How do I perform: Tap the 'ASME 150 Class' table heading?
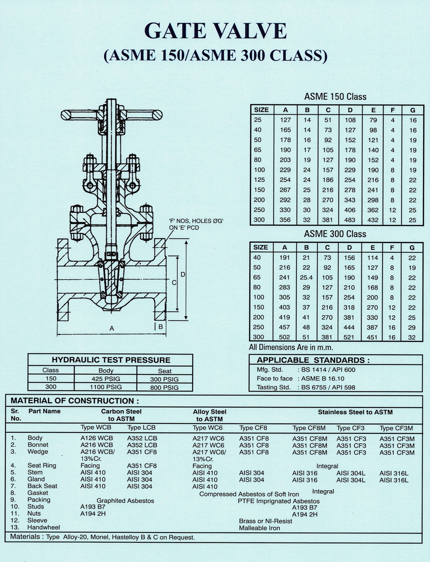pyautogui.click(x=335, y=97)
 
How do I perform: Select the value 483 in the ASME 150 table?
pyautogui.click(x=350, y=220)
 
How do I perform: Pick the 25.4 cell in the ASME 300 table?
pyautogui.click(x=306, y=277)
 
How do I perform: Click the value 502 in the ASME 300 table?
pyautogui.click(x=284, y=337)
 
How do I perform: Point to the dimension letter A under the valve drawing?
pyautogui.click(x=112, y=328)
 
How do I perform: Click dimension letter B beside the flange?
pyautogui.click(x=161, y=327)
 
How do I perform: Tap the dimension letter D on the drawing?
pyautogui.click(x=183, y=274)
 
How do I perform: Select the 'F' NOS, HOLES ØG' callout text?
pyautogui.click(x=196, y=221)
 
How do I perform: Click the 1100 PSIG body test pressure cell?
pyautogui.click(x=106, y=387)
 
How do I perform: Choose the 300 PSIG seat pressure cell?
pyautogui.click(x=164, y=379)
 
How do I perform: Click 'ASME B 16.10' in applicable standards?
pyautogui.click(x=322, y=379)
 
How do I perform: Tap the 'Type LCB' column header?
pyautogui.click(x=141, y=428)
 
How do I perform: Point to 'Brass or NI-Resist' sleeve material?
pyautogui.click(x=266, y=521)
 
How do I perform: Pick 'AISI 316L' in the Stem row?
pyautogui.click(x=394, y=473)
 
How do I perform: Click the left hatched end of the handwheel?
pyautogui.click(x=66, y=115)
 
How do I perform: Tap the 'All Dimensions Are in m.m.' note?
pyautogui.click(x=291, y=347)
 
